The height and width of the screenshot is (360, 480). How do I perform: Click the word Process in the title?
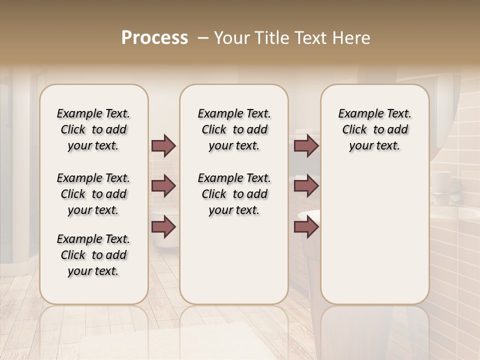coord(154,37)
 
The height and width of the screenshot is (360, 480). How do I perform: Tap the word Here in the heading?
coord(352,38)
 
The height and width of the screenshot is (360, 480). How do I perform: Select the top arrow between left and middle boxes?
coord(163,145)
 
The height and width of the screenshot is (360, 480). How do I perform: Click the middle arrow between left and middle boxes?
coord(163,186)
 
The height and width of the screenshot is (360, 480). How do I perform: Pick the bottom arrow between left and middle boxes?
coord(163,227)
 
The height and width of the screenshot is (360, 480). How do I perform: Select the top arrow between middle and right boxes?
coord(306,145)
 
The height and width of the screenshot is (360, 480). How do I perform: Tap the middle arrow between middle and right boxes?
coord(306,186)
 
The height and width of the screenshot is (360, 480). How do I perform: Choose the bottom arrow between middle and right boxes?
coord(306,227)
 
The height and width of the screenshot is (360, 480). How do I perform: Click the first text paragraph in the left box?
coord(93,129)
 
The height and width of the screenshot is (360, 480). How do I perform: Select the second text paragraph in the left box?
coord(93,194)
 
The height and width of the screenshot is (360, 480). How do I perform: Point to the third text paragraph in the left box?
coord(93,255)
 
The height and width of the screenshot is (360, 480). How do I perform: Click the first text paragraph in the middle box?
coord(234,129)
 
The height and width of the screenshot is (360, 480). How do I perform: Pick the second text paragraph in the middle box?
coord(234,194)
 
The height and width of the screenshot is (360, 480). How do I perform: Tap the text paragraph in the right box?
coord(374,129)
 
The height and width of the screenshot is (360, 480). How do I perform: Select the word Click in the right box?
coord(354,130)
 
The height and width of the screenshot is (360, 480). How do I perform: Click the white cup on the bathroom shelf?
coord(442,180)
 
